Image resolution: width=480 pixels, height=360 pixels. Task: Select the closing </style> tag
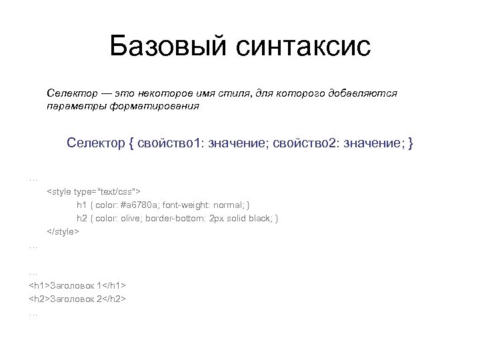63,231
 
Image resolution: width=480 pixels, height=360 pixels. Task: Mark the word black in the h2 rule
260,219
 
